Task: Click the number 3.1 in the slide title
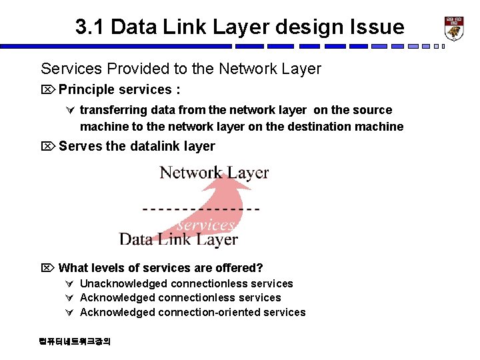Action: click(89, 27)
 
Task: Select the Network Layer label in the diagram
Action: click(214, 173)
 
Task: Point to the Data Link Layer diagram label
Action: click(178, 239)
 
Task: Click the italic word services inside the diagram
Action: click(205, 225)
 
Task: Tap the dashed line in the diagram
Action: click(201, 209)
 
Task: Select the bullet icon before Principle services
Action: click(48, 90)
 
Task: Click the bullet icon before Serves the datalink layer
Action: click(48, 147)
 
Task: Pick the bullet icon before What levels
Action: click(48, 269)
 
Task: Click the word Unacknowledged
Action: click(118, 284)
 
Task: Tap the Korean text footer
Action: click(75, 341)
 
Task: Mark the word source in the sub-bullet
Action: click(373, 110)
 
